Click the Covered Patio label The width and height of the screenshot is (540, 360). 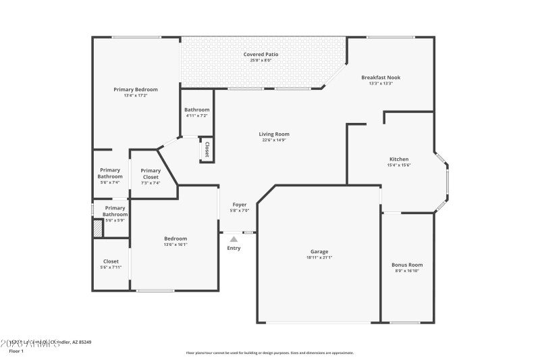(261, 54)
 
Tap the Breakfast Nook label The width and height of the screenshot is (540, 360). (381, 77)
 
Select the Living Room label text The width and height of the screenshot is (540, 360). (273, 134)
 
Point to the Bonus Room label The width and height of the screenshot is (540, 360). (407, 265)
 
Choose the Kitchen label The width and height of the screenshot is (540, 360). (399, 159)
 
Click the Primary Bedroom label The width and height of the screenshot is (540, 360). (135, 89)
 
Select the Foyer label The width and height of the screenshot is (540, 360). (240, 204)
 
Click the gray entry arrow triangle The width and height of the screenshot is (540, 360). (234, 238)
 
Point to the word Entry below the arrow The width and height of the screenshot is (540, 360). (234, 248)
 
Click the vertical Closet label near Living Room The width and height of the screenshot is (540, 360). (207, 149)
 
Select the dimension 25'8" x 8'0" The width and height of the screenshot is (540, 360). (261, 60)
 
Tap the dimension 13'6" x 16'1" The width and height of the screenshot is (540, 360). (175, 245)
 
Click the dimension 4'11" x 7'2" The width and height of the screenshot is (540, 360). (197, 115)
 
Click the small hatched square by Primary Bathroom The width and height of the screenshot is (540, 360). (98, 229)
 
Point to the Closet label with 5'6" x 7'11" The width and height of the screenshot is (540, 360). (111, 261)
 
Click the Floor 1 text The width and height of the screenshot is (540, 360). (16, 351)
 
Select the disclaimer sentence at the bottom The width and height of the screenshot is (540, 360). (269, 353)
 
